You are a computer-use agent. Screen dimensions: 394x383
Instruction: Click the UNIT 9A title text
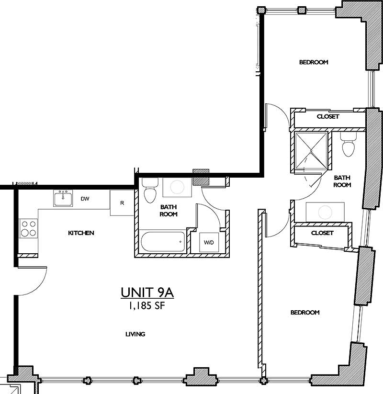[147, 293]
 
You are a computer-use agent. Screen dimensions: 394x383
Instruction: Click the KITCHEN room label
[81, 233]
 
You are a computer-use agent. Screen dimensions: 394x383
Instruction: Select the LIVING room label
[135, 334]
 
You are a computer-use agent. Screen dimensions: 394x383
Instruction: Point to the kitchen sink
[63, 198]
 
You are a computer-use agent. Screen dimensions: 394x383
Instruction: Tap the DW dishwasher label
[85, 199]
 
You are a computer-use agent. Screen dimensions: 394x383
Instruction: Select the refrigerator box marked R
[122, 203]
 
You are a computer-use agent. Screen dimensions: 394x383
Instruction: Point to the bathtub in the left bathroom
[162, 242]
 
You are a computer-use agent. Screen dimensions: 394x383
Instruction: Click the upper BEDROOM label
[314, 62]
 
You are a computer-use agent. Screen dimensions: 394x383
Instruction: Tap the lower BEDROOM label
[305, 313]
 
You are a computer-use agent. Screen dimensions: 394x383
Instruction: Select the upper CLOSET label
[328, 116]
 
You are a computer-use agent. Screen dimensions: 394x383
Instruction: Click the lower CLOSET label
[322, 233]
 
